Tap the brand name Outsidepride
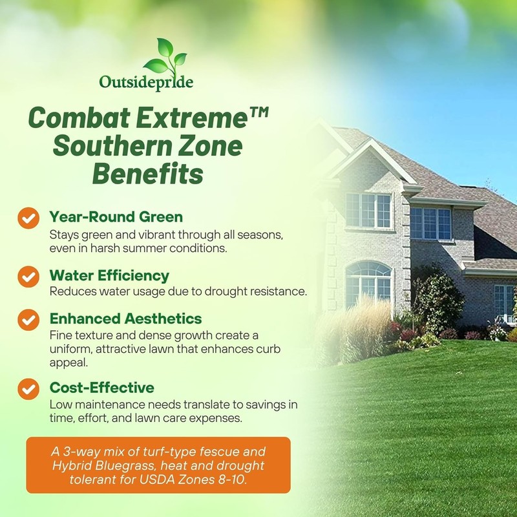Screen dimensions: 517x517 pos(146,83)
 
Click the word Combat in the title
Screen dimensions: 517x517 pos(79,118)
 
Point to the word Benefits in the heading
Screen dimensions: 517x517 pos(148,173)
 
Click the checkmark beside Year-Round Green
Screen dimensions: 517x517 pos(28,218)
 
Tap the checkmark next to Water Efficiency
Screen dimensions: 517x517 pos(28,277)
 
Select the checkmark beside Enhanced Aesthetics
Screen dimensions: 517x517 pos(28,319)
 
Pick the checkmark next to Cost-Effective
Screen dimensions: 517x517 pos(28,389)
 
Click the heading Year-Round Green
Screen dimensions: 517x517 pos(116,217)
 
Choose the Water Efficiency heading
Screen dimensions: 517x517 pos(109,276)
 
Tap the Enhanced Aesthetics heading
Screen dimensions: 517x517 pos(125,319)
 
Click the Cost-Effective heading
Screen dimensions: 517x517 pos(102,387)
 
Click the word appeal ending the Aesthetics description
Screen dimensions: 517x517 pos(69,363)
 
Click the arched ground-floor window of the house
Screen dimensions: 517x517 pos(368,284)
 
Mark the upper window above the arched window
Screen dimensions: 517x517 pos(368,211)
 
